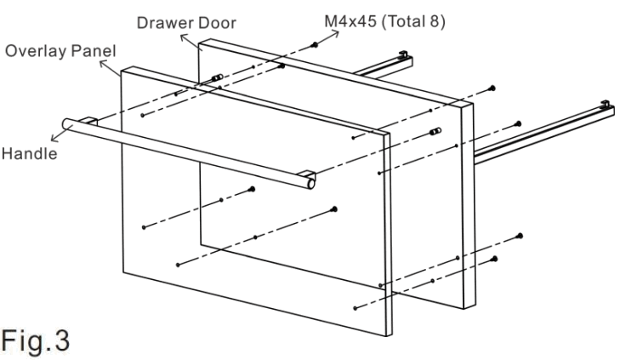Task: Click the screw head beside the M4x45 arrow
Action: click(x=316, y=44)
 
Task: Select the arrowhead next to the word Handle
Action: click(x=56, y=134)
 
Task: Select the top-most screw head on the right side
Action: click(x=494, y=88)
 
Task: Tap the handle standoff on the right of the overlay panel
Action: click(x=437, y=131)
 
